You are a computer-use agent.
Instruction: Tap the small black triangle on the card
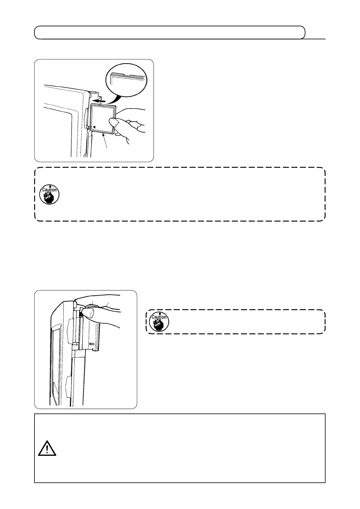tap(94, 127)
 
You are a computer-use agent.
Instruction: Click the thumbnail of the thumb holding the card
tap(116, 124)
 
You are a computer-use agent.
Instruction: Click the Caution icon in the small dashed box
tap(159, 322)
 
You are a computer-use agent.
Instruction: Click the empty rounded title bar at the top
tap(169, 33)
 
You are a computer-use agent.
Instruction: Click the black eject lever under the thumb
tap(81, 315)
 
